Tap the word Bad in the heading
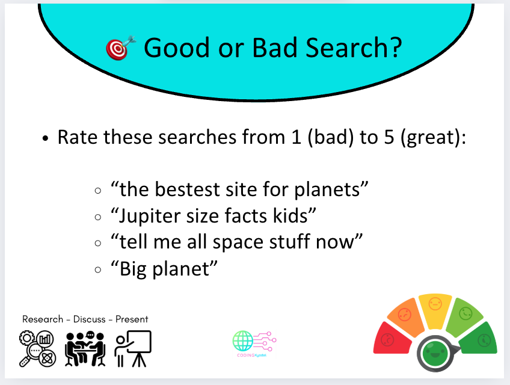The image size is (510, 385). [274, 48]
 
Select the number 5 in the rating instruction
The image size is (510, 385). [389, 137]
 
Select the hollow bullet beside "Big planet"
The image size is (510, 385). [98, 269]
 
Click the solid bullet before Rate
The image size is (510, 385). [45, 138]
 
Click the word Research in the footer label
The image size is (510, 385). [43, 319]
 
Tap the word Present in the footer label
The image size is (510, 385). [132, 319]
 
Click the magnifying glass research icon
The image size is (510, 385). [37, 348]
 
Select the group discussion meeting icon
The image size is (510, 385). [85, 348]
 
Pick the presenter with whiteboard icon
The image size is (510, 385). [133, 348]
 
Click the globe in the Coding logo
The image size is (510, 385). [243, 340]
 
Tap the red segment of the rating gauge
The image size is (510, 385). [392, 339]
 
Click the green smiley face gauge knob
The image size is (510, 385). [435, 354]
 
